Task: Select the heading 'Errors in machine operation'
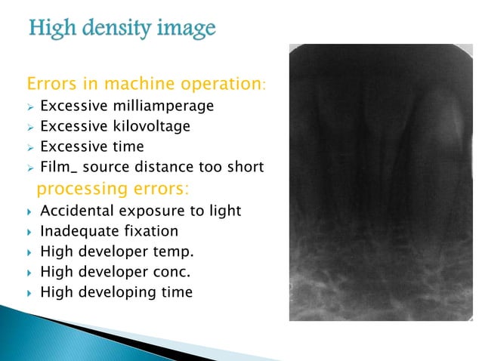144,83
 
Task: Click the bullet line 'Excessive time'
91,147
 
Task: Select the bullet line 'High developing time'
116,292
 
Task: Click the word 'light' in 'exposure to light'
223,211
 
